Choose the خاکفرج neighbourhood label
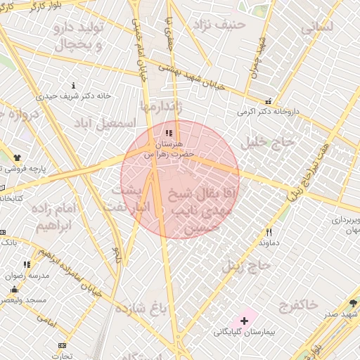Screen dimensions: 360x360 [x=297, y=304]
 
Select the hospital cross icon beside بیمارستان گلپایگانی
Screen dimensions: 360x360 [x=244, y=321]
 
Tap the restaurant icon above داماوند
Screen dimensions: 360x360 [x=269, y=232]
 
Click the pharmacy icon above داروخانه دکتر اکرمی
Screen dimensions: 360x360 [x=267, y=101]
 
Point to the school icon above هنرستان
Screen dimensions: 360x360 [x=167, y=132]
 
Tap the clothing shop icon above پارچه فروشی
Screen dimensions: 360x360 [x=16, y=158]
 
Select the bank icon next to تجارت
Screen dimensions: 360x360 [x=63, y=345]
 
